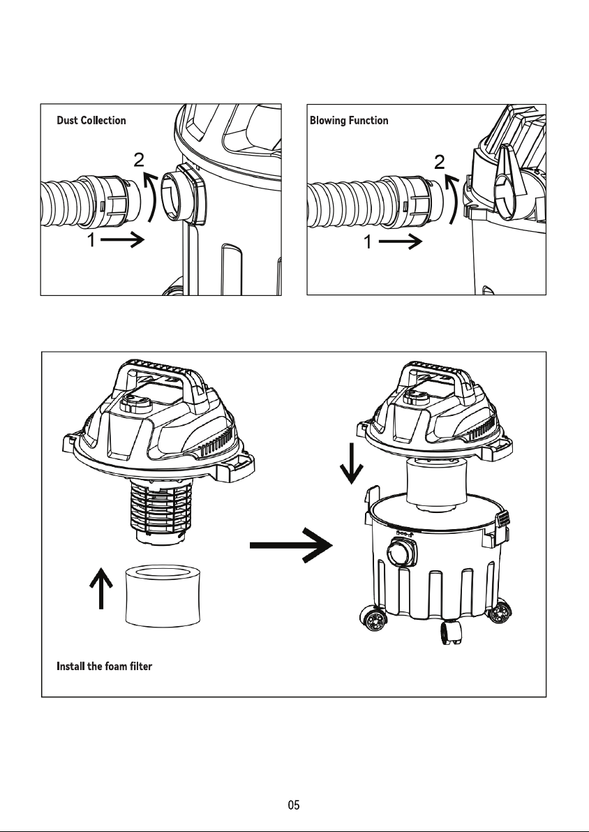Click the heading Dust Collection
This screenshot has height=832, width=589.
coord(91,121)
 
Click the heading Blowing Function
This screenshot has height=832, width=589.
coord(349,121)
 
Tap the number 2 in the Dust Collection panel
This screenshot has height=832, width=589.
coord(138,159)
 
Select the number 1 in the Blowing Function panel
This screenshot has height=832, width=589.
coord(368,242)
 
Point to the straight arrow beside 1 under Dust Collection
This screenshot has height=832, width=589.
coord(122,240)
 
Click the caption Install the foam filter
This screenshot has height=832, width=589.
coord(104,666)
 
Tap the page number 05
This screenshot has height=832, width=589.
coord(294,805)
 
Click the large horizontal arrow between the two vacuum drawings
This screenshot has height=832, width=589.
coord(291,545)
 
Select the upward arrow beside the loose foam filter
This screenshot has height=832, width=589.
coord(100,587)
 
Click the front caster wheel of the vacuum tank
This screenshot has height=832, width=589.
coord(450,632)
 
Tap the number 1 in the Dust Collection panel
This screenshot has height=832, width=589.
coord(91,240)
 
